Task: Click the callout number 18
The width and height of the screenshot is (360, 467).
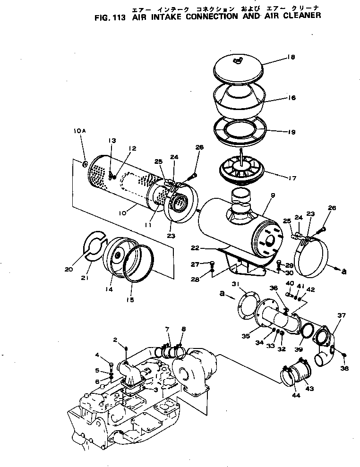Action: [290, 57]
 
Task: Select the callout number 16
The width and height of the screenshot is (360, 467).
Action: [291, 98]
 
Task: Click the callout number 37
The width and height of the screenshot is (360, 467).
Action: [341, 315]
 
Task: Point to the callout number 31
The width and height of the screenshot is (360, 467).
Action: [236, 283]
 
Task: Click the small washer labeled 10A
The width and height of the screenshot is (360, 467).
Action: [85, 164]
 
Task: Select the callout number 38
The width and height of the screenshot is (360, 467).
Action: [344, 368]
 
